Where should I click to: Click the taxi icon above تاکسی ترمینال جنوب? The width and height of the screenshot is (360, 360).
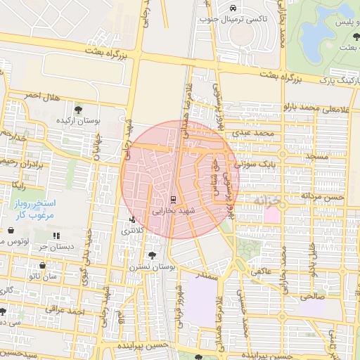[x=233, y=8]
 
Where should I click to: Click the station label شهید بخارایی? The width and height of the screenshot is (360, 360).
[x=172, y=210]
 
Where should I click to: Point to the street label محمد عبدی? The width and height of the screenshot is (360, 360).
[x=254, y=132]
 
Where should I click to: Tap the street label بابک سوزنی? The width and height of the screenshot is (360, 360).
[x=256, y=164]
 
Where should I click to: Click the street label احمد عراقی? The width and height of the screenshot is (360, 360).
[x=65, y=309]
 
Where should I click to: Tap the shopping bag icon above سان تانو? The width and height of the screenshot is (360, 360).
[x=42, y=266]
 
